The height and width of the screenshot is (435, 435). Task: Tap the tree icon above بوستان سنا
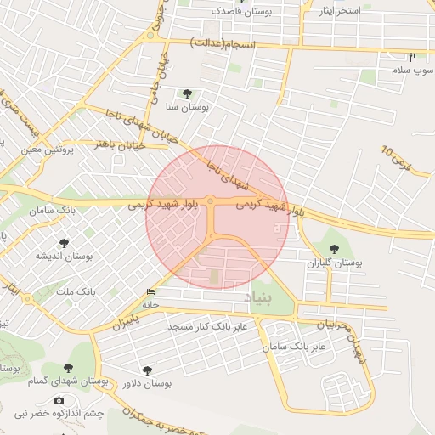[186, 93]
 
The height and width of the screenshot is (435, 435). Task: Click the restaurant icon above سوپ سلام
[412, 57]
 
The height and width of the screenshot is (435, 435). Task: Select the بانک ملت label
[76, 292]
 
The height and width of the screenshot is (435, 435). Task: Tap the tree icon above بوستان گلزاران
[334, 250]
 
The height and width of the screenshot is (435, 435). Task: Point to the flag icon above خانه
[151, 292]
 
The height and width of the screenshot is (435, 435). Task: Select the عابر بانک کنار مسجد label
[207, 326]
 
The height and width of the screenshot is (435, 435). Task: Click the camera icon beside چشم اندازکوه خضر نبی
[59, 400]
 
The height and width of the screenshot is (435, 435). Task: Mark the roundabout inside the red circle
[210, 202]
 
